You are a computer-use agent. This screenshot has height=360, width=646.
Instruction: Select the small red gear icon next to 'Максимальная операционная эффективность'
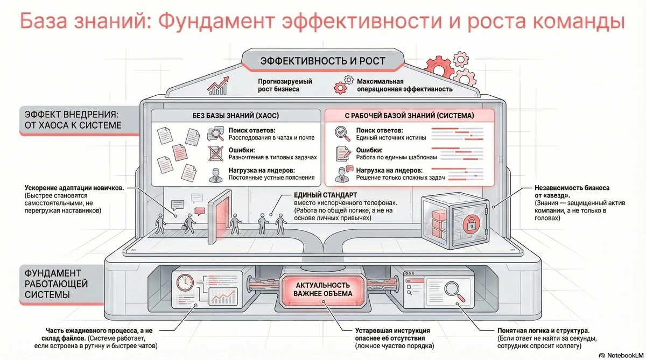(340, 87)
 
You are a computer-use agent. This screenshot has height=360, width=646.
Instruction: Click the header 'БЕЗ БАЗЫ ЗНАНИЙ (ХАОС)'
(235, 115)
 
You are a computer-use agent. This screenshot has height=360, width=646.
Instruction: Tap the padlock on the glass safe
(471, 223)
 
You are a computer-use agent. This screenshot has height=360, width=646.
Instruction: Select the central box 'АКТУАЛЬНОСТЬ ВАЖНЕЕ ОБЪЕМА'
(322, 289)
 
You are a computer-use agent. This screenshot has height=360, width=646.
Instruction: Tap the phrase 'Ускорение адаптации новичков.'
(74, 188)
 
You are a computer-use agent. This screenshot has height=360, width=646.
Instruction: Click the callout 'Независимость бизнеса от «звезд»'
(572, 192)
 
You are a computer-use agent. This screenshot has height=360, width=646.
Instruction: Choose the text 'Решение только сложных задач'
(400, 177)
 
